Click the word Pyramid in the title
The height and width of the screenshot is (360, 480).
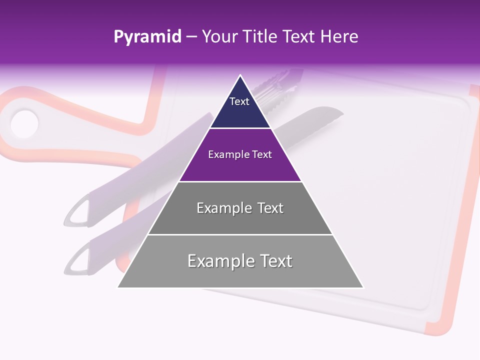click(x=147, y=37)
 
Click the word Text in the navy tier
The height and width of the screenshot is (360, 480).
click(x=239, y=101)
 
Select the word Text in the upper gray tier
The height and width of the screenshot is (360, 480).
click(x=267, y=208)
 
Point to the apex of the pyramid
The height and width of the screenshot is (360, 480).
click(x=240, y=76)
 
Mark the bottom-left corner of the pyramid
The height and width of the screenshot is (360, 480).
click(x=118, y=287)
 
